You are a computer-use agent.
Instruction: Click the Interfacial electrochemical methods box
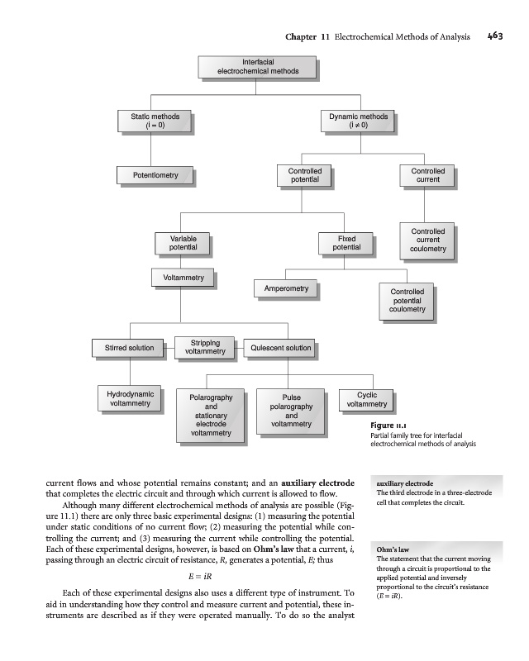(x=257, y=67)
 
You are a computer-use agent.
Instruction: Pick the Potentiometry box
(x=155, y=175)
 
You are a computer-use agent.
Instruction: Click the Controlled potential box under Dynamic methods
(x=304, y=175)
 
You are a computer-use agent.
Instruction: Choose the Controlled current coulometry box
(x=427, y=240)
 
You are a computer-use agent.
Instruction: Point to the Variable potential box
(x=182, y=243)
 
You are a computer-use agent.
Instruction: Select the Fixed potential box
(x=346, y=243)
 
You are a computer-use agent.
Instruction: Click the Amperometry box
(x=286, y=288)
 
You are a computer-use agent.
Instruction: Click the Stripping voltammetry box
(x=205, y=347)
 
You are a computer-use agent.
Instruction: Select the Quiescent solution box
(x=281, y=348)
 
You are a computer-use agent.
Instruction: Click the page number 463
(x=495, y=36)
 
